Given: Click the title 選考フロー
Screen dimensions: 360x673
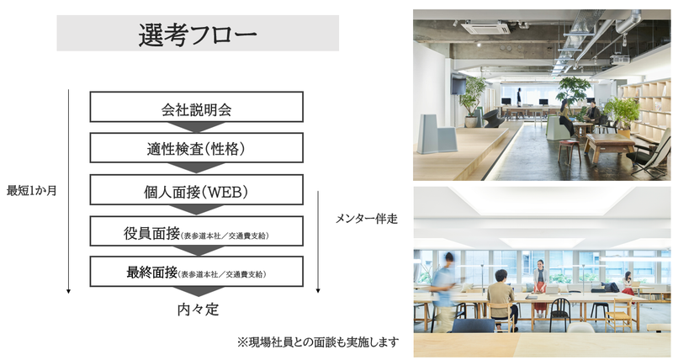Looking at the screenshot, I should click(198, 33).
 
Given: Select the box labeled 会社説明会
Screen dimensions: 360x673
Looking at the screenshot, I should click(196, 109).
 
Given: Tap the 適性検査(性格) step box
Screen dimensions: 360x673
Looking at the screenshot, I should click(196, 149).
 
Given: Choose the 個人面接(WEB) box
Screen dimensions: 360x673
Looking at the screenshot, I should click(196, 189).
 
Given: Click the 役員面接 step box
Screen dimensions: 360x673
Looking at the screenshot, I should click(196, 231).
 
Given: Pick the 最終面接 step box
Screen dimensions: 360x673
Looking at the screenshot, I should click(196, 272).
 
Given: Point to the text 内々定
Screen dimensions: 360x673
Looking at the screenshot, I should click(197, 310).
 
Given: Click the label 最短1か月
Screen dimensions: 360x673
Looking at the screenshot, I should click(31, 190).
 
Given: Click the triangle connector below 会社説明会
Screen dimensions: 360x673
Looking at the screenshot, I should click(196, 128).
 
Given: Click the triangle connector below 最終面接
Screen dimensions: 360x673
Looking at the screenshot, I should click(196, 292).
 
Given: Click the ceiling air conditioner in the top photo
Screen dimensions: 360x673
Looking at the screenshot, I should click(485, 27).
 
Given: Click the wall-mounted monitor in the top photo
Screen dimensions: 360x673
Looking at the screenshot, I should click(458, 85).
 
